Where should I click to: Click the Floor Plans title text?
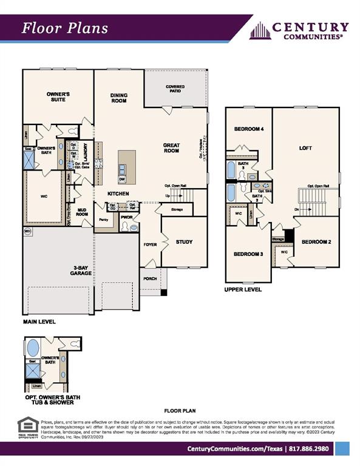coord(66,28)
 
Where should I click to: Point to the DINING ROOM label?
coord(119,98)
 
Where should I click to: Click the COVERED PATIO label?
coord(175,90)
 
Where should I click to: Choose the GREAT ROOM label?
coord(171,147)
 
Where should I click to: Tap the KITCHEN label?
coord(118,193)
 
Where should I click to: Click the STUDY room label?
coord(184,242)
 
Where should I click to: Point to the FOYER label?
coord(150,245)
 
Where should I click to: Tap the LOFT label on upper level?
coord(305,148)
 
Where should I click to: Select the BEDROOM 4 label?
coord(249,129)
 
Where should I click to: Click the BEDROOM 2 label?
coord(316,241)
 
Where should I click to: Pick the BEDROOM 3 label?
coord(248,254)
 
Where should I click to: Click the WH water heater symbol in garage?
coord(27,231)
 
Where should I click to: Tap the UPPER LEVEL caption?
coord(243,289)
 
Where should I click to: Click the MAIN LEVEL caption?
coord(40,320)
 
